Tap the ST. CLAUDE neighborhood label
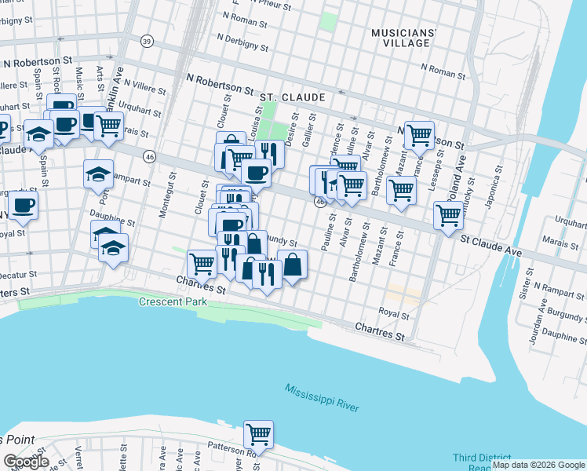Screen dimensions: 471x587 pos(293,97)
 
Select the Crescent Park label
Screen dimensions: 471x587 pos(170,302)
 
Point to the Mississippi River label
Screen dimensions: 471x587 pos(322,399)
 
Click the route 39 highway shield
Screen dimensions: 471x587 pos(147,41)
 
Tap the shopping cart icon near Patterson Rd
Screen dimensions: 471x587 pos(257,433)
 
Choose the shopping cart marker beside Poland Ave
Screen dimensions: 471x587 pos(448,214)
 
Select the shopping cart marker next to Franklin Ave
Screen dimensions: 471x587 pos(108,124)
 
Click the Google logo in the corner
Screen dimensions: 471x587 pos(26,462)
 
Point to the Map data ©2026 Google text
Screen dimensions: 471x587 pos(538,465)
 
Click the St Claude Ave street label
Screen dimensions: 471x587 pos(490,245)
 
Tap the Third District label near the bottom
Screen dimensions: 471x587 pos(479,458)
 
